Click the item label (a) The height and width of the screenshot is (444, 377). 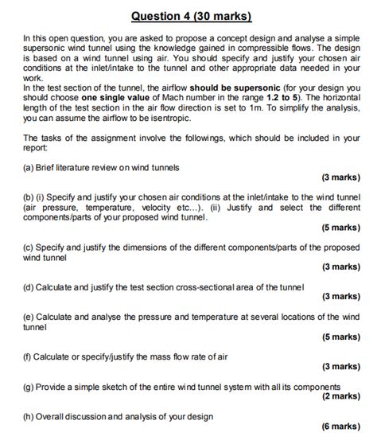pos(29,167)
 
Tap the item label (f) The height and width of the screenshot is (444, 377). pos(29,356)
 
